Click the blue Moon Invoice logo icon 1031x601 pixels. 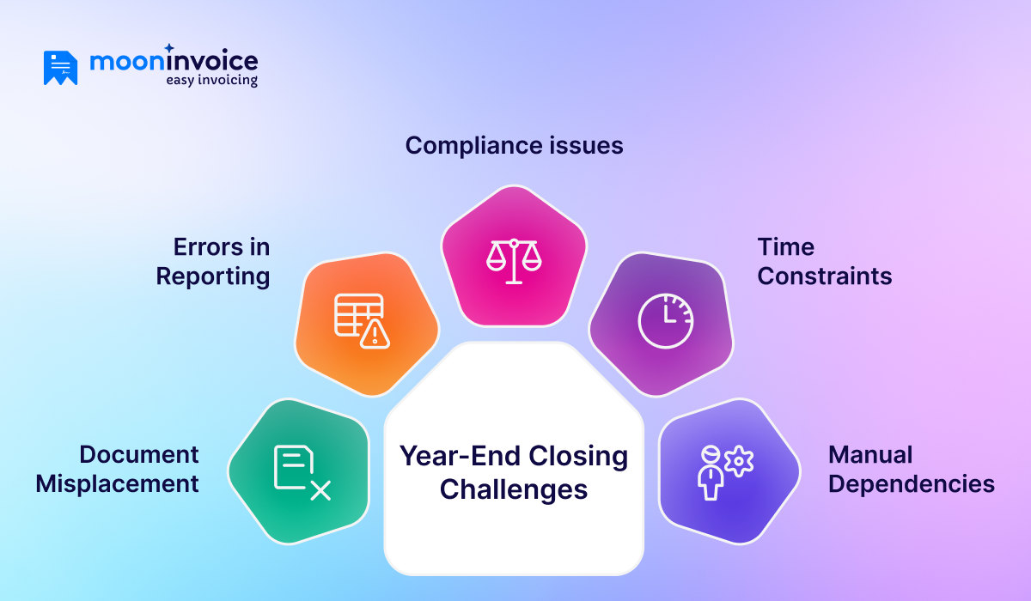point(60,68)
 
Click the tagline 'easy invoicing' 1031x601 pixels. point(211,81)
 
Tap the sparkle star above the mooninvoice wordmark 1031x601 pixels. point(169,48)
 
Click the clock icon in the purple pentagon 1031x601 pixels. point(665,321)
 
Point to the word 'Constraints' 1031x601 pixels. point(824,276)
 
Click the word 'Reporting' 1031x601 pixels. point(213,276)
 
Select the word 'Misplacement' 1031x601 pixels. point(117,483)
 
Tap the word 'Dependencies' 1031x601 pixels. point(911,483)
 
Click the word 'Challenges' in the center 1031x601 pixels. point(514,489)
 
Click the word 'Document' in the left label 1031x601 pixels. point(138,454)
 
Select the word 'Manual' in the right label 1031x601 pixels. point(869,454)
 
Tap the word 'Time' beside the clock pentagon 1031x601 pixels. point(785,247)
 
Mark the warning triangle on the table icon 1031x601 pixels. point(375,334)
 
